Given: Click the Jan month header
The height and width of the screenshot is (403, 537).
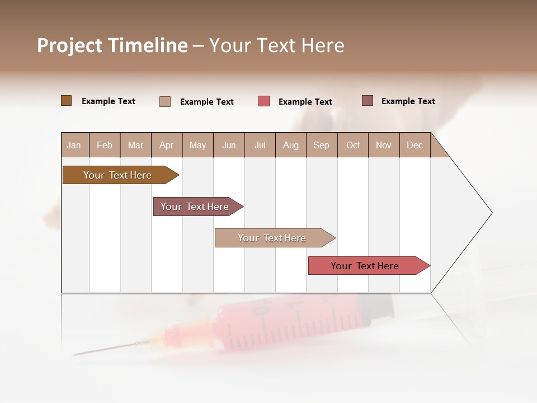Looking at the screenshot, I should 74,145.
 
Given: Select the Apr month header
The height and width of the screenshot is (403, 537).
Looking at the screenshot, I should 166,145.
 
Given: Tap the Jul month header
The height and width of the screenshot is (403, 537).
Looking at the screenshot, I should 260,145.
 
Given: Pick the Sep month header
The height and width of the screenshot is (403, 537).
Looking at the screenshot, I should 321,145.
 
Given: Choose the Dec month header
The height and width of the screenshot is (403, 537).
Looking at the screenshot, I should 414,145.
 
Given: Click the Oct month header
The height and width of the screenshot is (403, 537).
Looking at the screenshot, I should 353,145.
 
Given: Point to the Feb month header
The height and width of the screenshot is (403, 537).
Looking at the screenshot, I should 105,145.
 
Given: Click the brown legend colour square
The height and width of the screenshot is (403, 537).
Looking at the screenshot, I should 66,101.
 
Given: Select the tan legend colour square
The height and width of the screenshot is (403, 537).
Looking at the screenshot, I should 165,101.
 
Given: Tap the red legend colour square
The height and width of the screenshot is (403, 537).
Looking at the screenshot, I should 264,101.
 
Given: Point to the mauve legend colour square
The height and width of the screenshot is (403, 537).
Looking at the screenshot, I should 367,101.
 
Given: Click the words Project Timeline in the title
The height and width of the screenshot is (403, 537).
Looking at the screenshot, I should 112,45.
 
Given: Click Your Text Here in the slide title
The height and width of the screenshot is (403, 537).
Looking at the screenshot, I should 276,45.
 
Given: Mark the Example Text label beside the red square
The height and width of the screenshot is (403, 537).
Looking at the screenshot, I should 305,102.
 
